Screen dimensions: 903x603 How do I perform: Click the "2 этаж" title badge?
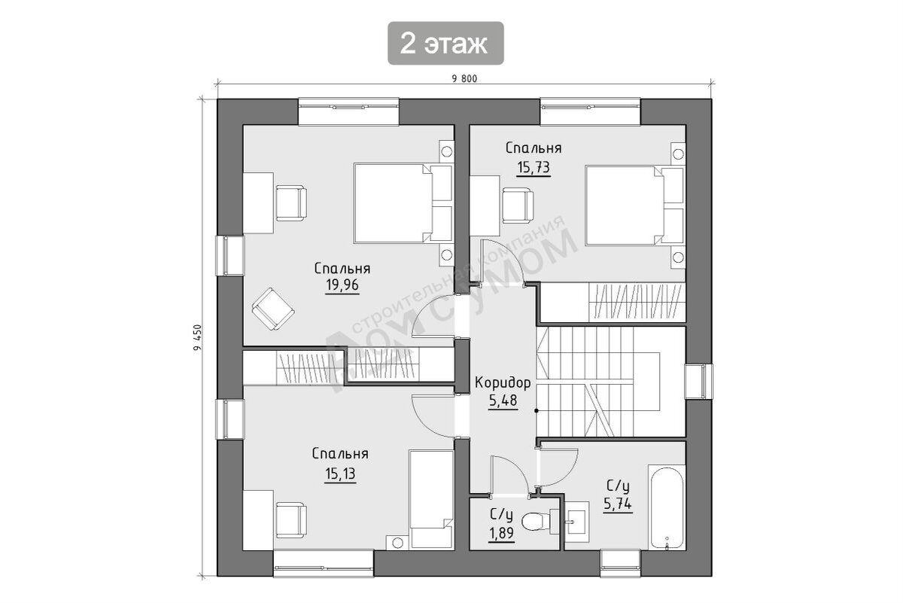[445, 43]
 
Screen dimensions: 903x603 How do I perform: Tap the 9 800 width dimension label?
[464, 79]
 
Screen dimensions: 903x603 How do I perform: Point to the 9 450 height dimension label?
[197, 337]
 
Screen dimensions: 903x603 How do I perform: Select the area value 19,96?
[342, 285]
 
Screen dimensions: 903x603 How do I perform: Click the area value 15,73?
[534, 167]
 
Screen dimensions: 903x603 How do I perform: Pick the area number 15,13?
[340, 474]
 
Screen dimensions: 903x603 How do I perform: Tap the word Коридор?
[503, 382]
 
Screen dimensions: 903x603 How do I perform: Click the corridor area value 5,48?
[503, 400]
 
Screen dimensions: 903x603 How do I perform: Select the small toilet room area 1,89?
[501, 533]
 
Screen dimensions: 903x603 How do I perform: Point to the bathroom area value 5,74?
[618, 504]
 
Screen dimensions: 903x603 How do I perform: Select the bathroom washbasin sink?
[576, 522]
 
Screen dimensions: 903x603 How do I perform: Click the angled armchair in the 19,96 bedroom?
[273, 309]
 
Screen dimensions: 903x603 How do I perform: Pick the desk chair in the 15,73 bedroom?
[518, 206]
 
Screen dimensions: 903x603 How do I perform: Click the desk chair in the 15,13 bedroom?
[291, 520]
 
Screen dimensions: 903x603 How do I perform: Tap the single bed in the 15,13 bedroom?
[431, 500]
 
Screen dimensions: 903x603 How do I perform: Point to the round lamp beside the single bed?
[397, 543]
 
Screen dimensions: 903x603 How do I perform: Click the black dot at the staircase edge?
[536, 411]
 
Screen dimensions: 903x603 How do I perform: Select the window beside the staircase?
[698, 381]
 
